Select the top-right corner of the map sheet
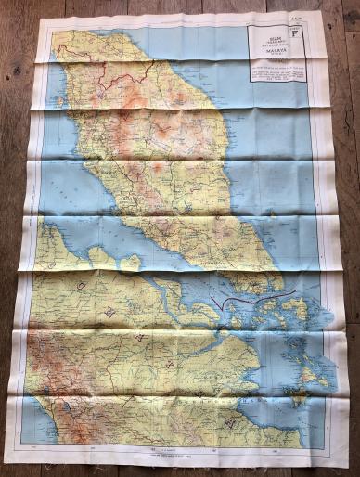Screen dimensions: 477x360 click(x=320, y=11)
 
